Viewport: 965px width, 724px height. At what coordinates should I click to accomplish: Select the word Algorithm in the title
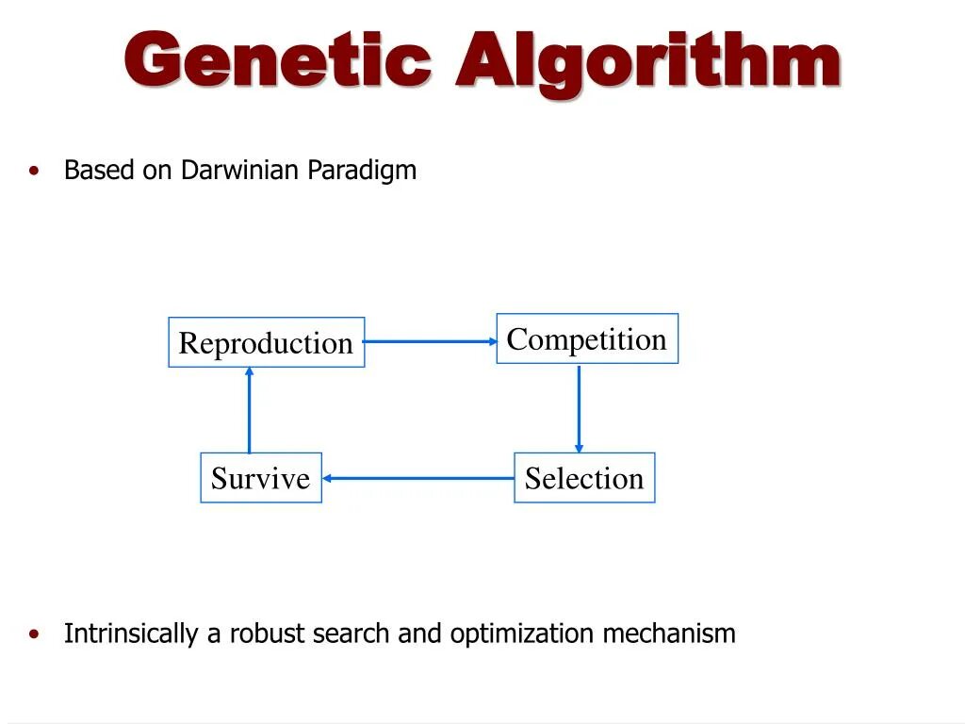point(647,61)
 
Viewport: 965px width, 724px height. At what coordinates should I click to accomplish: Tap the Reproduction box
point(266,343)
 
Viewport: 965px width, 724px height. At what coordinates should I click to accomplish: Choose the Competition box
point(587,339)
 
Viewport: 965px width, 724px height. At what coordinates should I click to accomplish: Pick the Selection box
point(584,478)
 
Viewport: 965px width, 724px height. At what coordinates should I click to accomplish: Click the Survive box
point(260,478)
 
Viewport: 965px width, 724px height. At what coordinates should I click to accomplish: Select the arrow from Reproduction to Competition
point(430,341)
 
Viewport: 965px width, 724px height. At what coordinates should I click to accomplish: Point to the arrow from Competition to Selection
point(579,408)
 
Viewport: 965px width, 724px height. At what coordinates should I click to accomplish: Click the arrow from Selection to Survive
point(417,478)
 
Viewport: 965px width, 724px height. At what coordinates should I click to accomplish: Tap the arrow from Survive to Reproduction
point(250,410)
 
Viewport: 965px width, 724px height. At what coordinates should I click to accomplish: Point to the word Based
point(98,171)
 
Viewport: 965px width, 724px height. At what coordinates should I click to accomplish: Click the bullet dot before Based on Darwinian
point(35,171)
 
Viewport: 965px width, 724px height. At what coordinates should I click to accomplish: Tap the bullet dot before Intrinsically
point(35,633)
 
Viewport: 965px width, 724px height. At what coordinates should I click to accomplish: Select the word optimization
point(522,634)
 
